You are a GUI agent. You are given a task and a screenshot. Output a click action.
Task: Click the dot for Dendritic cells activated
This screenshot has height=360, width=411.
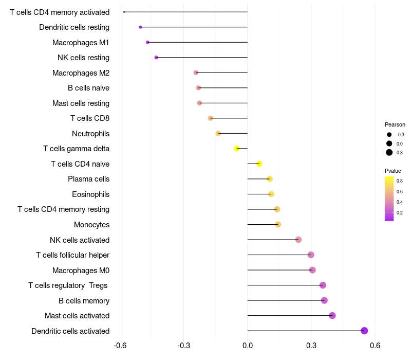[x=364, y=331]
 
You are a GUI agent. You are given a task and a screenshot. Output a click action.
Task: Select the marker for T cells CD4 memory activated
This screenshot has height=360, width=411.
[x=124, y=12]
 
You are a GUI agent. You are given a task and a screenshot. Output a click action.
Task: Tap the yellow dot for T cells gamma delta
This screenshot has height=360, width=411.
[x=237, y=149]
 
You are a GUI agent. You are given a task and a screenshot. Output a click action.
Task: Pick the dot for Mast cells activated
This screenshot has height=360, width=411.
[x=332, y=315]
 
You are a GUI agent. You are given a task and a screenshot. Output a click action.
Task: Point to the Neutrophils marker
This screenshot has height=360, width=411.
[x=218, y=133]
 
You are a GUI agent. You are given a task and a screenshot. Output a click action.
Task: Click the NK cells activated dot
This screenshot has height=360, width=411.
[x=298, y=240]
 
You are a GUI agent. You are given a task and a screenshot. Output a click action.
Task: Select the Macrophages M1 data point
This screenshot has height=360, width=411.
[x=147, y=42]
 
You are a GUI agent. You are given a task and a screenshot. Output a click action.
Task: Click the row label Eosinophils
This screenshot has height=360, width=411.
[x=91, y=194]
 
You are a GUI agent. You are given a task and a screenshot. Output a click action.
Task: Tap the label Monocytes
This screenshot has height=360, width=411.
[x=92, y=225]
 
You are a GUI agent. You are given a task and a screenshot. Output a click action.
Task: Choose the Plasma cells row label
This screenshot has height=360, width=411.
[x=88, y=179]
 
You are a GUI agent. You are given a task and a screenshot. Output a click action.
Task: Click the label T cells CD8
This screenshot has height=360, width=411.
[x=90, y=118]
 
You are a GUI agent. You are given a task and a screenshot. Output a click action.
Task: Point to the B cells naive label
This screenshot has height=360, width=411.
[x=88, y=88]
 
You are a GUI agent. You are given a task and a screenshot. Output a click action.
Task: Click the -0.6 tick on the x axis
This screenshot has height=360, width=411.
[x=120, y=345]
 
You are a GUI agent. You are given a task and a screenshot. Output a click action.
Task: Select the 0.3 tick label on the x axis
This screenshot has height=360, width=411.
[x=311, y=345]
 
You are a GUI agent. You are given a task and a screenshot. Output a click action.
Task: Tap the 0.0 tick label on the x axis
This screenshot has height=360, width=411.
[x=248, y=345]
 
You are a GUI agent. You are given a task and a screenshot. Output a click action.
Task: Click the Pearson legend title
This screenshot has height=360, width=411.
[x=395, y=124]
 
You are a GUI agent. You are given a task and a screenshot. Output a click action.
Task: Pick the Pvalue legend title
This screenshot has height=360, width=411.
[x=393, y=171]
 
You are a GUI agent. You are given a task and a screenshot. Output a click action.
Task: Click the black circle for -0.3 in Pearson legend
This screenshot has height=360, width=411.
[x=389, y=135]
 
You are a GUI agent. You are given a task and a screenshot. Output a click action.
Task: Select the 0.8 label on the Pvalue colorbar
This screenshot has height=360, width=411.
[x=400, y=181]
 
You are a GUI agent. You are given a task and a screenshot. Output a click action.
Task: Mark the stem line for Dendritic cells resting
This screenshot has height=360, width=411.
[x=194, y=27]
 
